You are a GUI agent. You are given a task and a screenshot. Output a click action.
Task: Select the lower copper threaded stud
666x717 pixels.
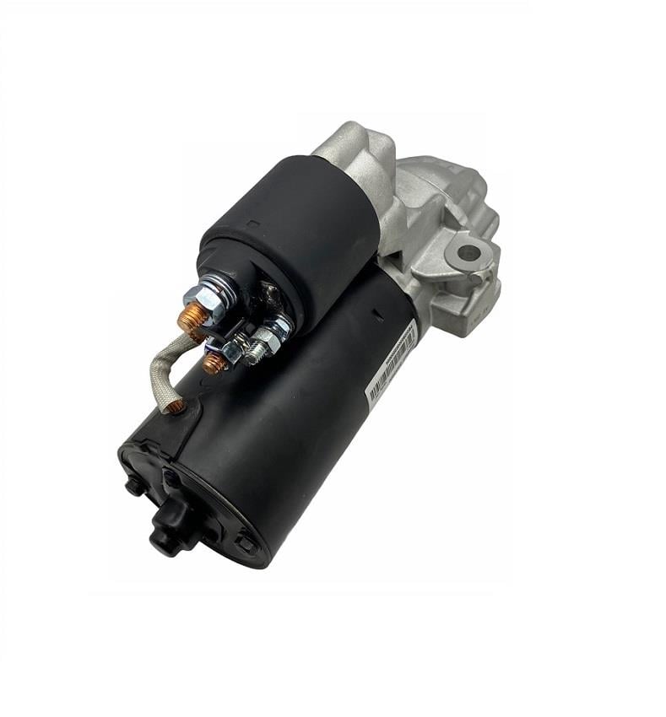214,364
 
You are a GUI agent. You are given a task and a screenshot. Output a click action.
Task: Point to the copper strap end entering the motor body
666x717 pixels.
176,407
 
